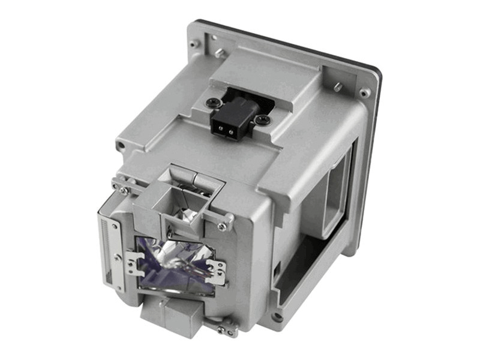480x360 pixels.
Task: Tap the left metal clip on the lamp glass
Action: pyautogui.click(x=134, y=263)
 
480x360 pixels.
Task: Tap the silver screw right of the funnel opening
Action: pyautogui.click(x=223, y=226)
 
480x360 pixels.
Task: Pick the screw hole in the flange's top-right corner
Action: pyautogui.click(x=364, y=93)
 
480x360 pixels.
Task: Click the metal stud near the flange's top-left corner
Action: pyautogui.click(x=220, y=53)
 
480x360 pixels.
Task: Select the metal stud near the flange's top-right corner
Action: pyautogui.click(x=338, y=87)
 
